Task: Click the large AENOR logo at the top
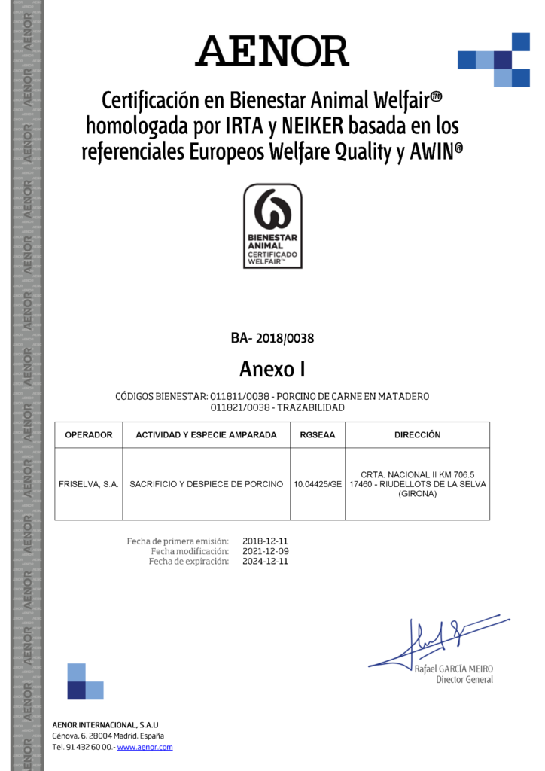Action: tap(272, 51)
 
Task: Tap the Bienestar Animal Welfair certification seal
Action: tap(272, 226)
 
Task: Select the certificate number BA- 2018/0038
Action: tap(272, 339)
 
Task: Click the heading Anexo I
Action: tap(272, 369)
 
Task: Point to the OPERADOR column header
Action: tap(89, 435)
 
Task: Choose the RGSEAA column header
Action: tap(317, 435)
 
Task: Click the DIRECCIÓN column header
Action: tap(417, 435)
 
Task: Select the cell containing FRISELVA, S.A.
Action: tap(89, 484)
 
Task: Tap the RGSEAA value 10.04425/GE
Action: tap(318, 484)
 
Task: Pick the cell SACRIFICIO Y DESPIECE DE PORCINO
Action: tap(206, 484)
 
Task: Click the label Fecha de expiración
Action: tap(188, 562)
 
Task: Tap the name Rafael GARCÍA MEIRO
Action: tap(454, 669)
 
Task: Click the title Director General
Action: tap(464, 680)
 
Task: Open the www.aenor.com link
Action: tap(145, 747)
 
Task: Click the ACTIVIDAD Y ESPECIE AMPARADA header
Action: tap(206, 435)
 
